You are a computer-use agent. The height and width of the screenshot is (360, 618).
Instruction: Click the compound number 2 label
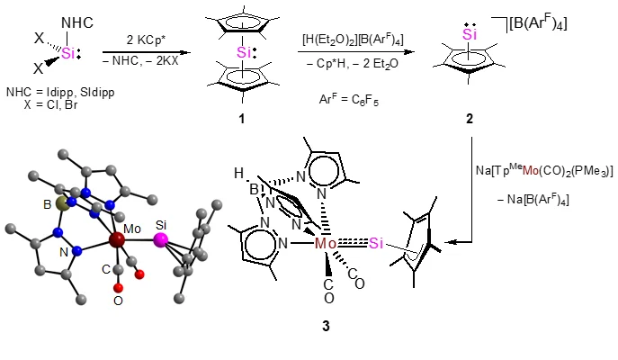click(469, 119)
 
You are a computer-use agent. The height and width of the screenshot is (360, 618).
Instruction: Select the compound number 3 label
click(326, 328)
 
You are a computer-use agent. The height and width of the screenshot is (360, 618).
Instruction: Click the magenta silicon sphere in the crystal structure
click(161, 239)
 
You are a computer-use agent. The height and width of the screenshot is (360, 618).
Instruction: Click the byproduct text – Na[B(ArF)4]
click(545, 198)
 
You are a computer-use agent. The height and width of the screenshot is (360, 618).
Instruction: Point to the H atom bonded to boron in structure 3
click(239, 170)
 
